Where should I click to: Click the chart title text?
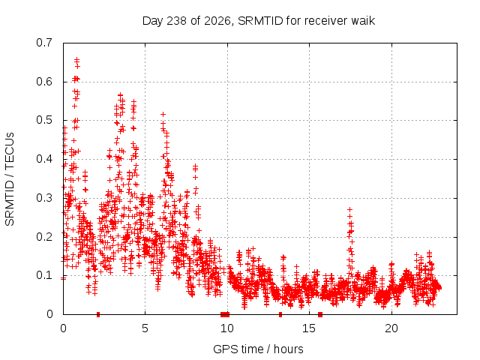click(x=259, y=21)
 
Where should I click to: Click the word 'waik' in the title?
click(x=363, y=21)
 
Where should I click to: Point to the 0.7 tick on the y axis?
click(x=44, y=43)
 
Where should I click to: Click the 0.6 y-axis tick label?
click(x=44, y=82)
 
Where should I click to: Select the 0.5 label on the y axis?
click(x=44, y=120)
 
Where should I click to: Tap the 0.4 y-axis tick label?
click(x=44, y=159)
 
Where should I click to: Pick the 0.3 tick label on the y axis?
click(x=44, y=198)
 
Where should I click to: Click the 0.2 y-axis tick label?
click(x=44, y=237)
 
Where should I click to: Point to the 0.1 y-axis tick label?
click(x=44, y=275)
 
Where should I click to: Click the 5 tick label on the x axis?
click(x=145, y=328)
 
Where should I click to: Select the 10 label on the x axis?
click(x=227, y=328)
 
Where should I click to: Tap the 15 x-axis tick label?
click(x=309, y=328)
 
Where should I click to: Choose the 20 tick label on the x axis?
click(x=391, y=328)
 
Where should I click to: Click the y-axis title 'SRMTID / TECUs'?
click(x=10, y=179)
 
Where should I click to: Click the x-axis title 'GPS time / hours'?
click(x=258, y=349)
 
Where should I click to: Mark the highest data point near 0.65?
click(x=76, y=59)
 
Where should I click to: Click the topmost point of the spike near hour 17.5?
click(x=349, y=210)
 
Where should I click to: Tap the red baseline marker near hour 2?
click(x=98, y=314)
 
